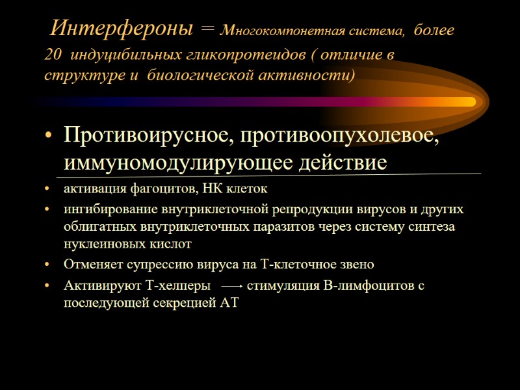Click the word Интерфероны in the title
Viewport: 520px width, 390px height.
pyautogui.click(x=122, y=29)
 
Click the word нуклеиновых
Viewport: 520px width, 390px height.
pyautogui.click(x=98, y=244)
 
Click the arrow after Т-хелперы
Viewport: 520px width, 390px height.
pyautogui.click(x=232, y=285)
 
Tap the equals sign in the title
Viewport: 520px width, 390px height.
pyautogui.click(x=207, y=31)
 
